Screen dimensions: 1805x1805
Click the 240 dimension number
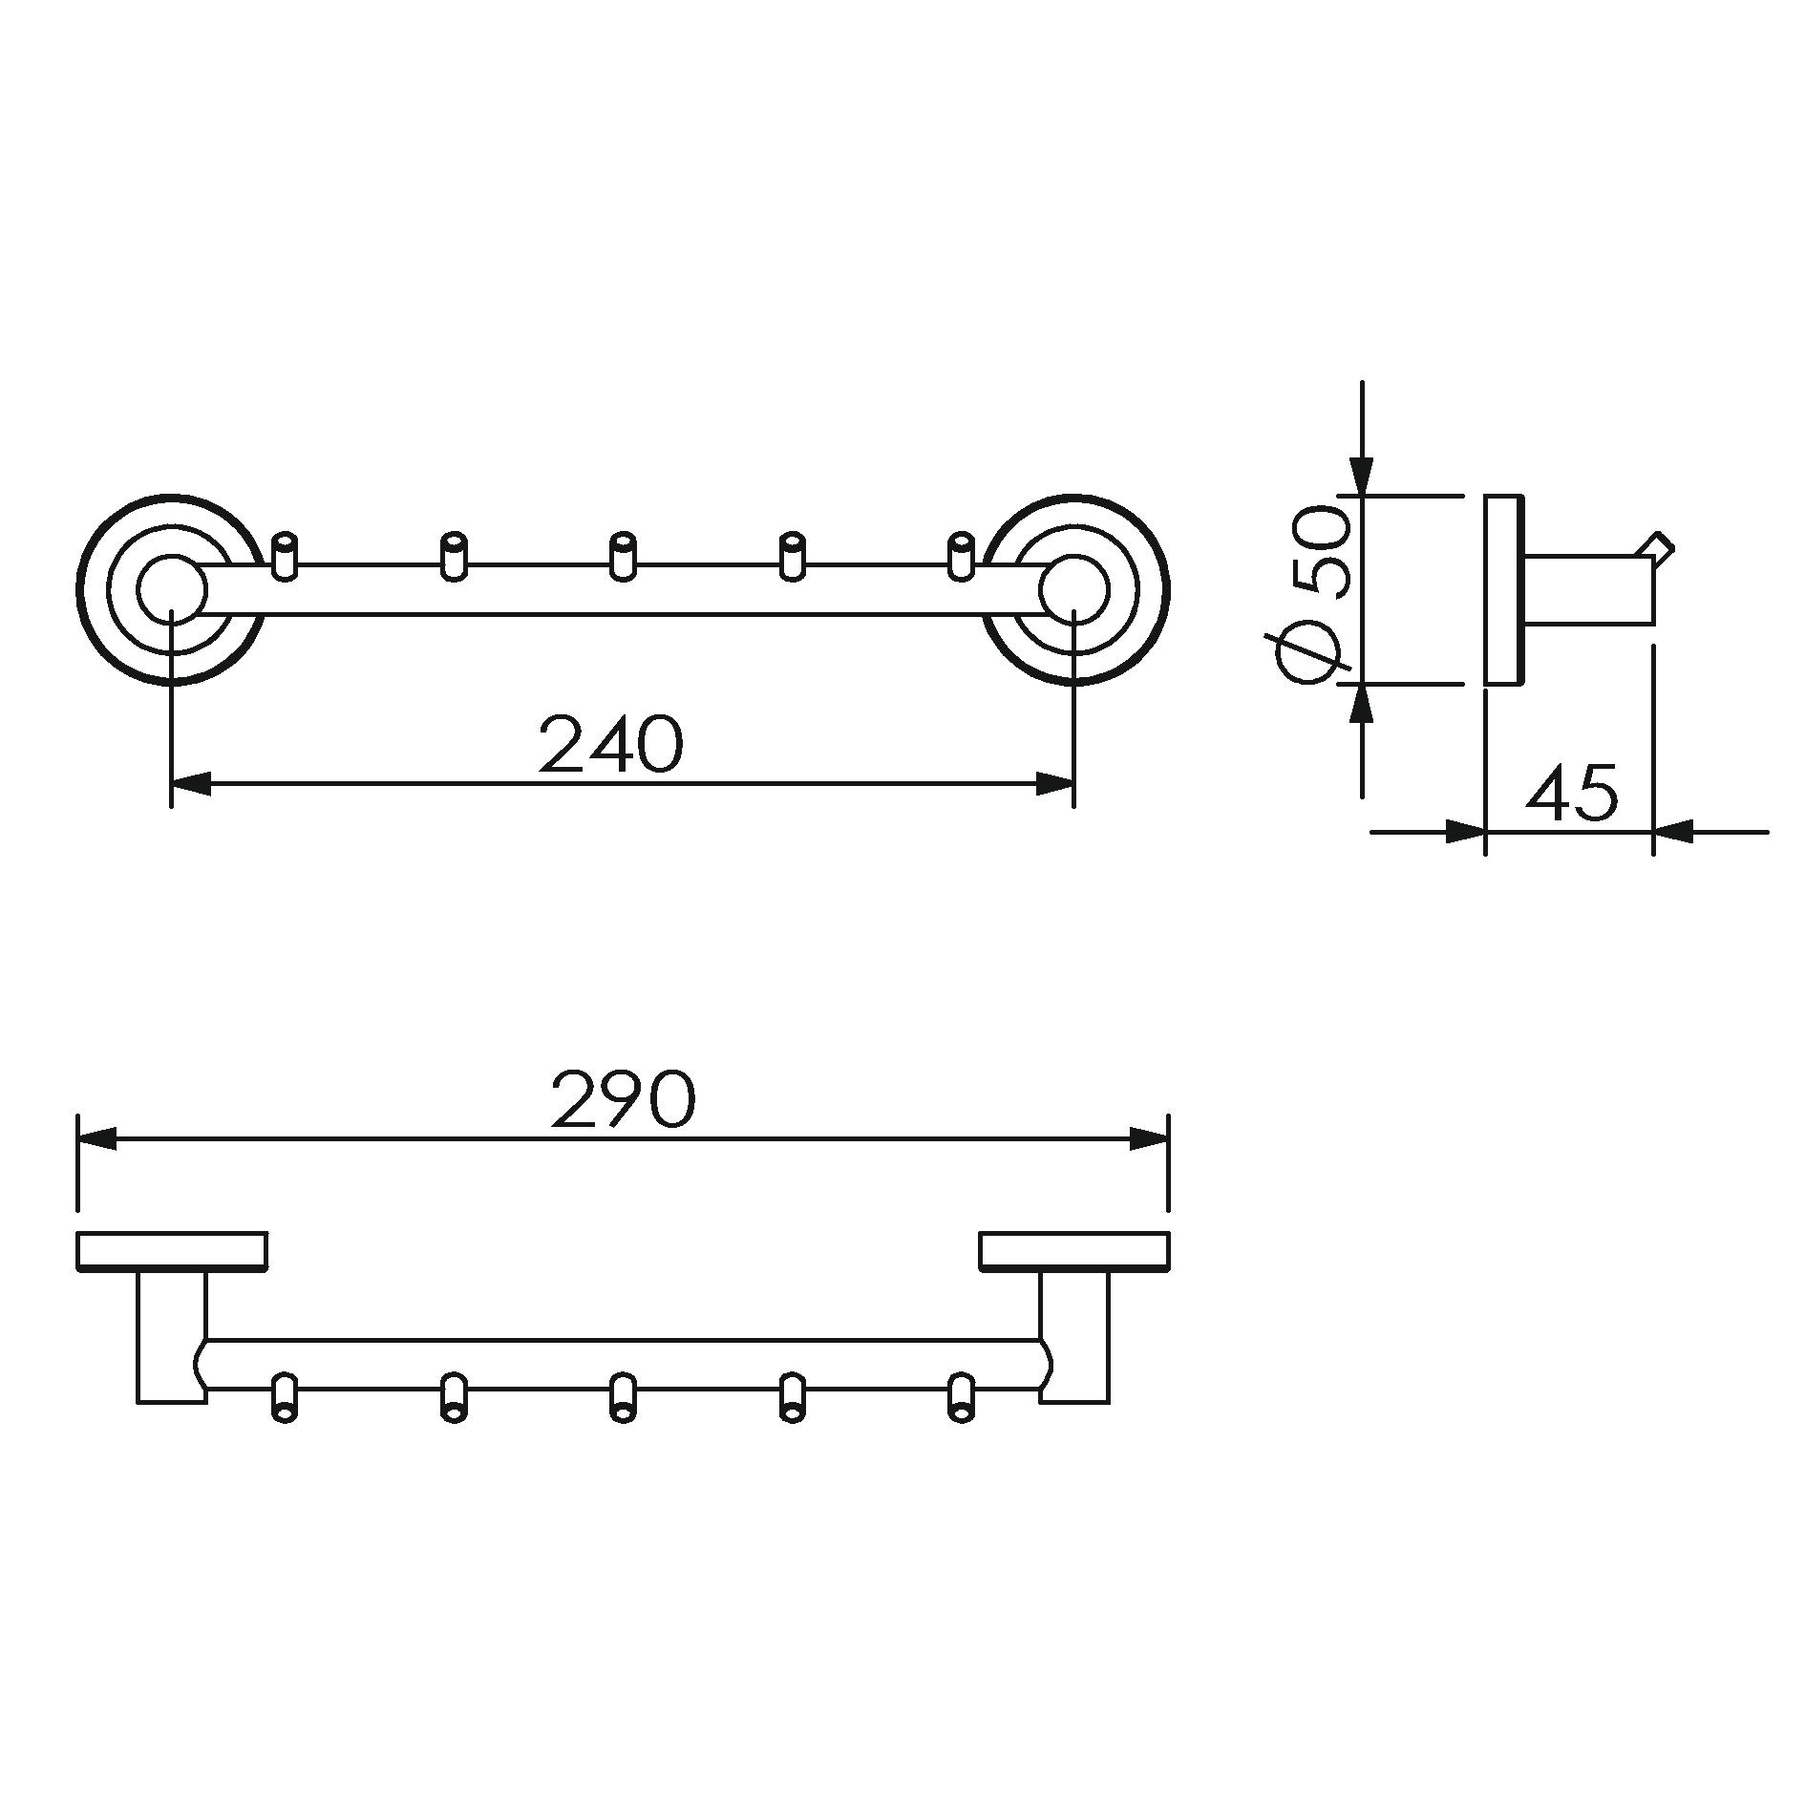[611, 745]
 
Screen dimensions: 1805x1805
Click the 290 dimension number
[624, 1099]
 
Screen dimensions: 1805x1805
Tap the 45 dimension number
[1572, 791]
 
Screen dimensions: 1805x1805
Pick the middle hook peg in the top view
[623, 556]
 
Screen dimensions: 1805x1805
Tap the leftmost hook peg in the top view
[284, 556]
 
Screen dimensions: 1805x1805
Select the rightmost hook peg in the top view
[961, 556]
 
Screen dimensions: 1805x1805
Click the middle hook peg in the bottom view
[623, 1399]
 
